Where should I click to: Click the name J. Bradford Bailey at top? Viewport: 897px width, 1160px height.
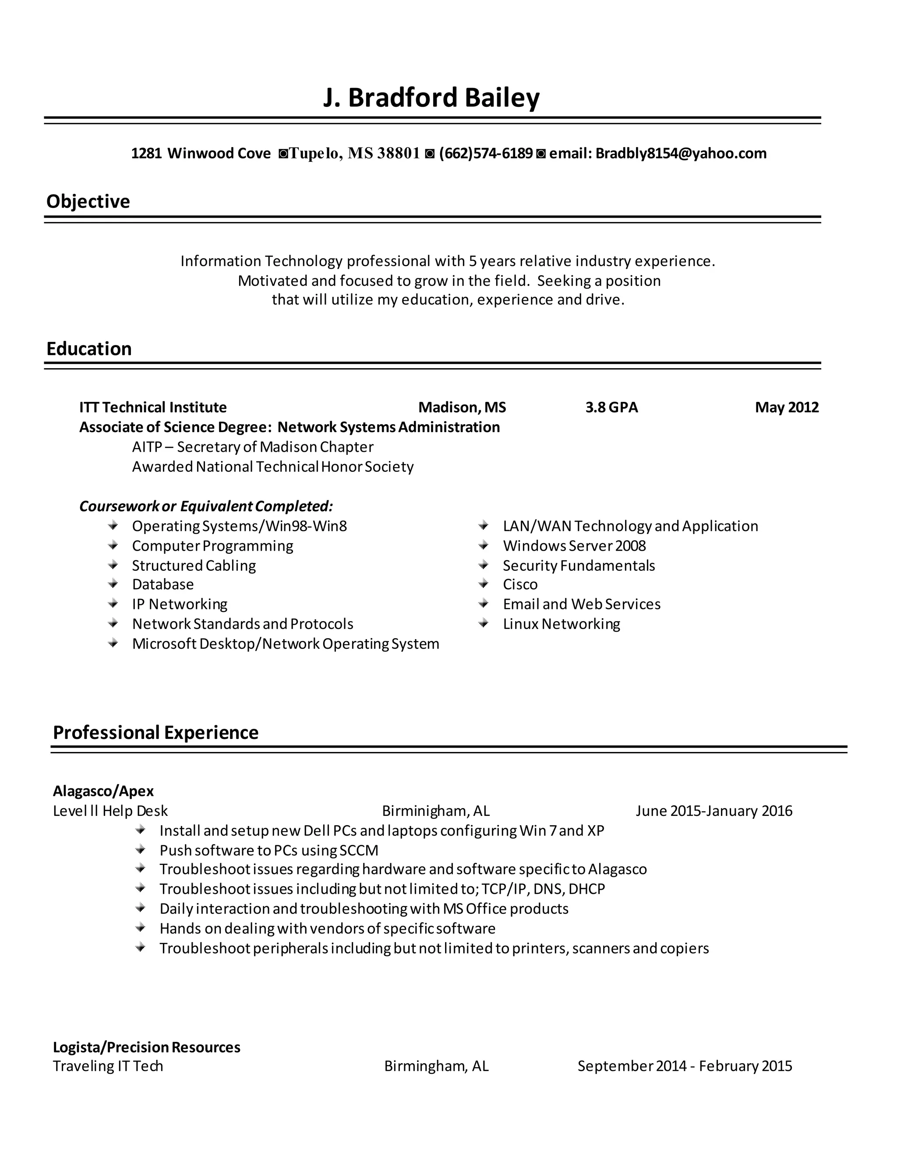click(431, 98)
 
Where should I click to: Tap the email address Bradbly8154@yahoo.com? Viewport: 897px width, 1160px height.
click(681, 154)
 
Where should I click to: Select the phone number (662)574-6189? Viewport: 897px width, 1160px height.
click(486, 154)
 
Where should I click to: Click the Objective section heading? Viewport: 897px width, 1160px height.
click(88, 201)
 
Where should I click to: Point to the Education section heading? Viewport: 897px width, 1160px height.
click(89, 348)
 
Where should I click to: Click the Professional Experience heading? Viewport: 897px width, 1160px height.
click(155, 732)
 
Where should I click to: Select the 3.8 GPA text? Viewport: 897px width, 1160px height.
click(611, 408)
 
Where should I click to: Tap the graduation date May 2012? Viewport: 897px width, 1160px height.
click(787, 408)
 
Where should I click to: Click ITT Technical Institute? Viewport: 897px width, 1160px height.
click(153, 408)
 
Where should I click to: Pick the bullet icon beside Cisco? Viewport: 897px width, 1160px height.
click(483, 584)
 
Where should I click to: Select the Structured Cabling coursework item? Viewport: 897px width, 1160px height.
click(194, 565)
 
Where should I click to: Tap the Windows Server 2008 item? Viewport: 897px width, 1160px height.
click(574, 545)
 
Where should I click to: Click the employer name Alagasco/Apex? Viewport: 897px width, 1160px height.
click(103, 791)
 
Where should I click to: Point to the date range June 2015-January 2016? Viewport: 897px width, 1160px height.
click(713, 811)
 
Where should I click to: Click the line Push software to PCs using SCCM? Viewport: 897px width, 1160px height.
click(269, 851)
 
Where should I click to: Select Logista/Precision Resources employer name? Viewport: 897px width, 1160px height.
click(147, 1047)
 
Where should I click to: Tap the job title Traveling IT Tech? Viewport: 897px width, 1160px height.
click(108, 1066)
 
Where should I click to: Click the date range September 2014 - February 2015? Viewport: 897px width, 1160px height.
click(685, 1066)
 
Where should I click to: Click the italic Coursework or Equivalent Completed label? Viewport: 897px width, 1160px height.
click(206, 506)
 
